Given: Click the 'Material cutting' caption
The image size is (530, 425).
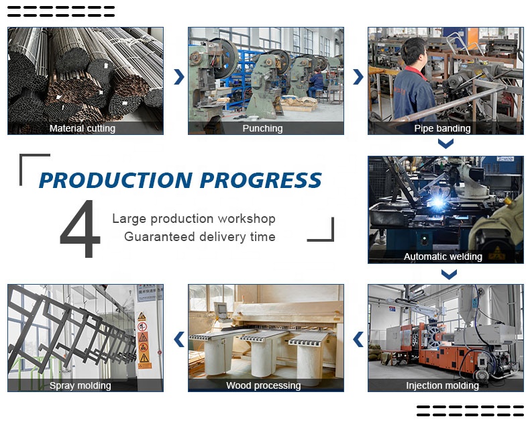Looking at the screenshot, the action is click(x=82, y=129).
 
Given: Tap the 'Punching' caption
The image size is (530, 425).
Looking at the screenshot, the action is click(x=262, y=129).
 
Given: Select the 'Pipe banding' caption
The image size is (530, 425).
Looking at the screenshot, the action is click(x=443, y=129).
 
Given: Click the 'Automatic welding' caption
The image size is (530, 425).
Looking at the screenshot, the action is click(x=443, y=257).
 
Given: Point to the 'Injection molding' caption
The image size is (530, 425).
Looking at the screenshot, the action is click(x=443, y=385).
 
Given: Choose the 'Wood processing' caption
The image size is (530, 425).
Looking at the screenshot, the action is click(x=263, y=385).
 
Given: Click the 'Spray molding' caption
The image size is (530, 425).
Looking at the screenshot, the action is click(x=80, y=385).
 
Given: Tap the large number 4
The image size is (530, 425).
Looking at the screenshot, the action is click(x=81, y=228).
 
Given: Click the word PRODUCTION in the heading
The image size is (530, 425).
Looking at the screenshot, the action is click(x=116, y=180).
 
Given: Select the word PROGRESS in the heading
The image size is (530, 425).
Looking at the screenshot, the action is click(x=260, y=180).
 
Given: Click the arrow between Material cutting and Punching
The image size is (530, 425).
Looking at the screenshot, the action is click(x=179, y=77).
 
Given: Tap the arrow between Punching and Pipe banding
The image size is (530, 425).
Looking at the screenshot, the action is click(x=358, y=77).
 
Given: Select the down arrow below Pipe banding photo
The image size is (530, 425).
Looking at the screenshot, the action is click(x=446, y=144).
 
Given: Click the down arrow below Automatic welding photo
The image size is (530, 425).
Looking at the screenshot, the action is click(x=449, y=274).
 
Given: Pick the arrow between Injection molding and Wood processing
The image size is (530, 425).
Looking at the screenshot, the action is click(x=358, y=339).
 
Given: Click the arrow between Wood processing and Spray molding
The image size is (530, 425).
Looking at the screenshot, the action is click(x=179, y=339).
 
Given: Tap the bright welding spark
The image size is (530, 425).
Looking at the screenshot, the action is click(x=438, y=202).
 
